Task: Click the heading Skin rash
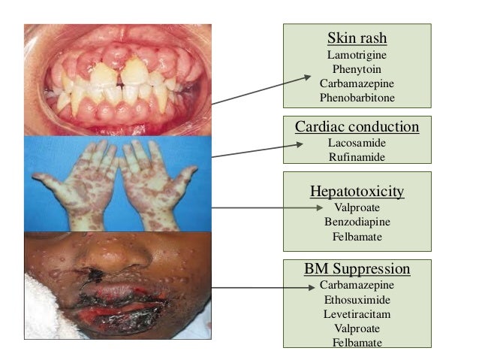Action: [x=357, y=38]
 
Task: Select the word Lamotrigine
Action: [x=357, y=54]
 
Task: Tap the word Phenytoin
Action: [x=357, y=68]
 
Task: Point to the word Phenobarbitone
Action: [x=357, y=98]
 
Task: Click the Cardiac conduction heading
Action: [x=357, y=126]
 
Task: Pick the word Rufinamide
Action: [x=357, y=156]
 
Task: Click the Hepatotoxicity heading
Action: [x=357, y=191]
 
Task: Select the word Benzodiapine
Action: [x=357, y=222]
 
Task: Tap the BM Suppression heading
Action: [x=357, y=269]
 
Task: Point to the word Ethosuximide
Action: [x=357, y=299]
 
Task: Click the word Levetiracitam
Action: [x=357, y=314]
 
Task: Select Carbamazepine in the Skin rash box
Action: [x=357, y=83]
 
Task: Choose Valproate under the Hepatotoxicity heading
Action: [x=357, y=207]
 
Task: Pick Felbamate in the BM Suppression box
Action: [x=357, y=343]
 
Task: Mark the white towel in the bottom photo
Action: [x=45, y=316]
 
